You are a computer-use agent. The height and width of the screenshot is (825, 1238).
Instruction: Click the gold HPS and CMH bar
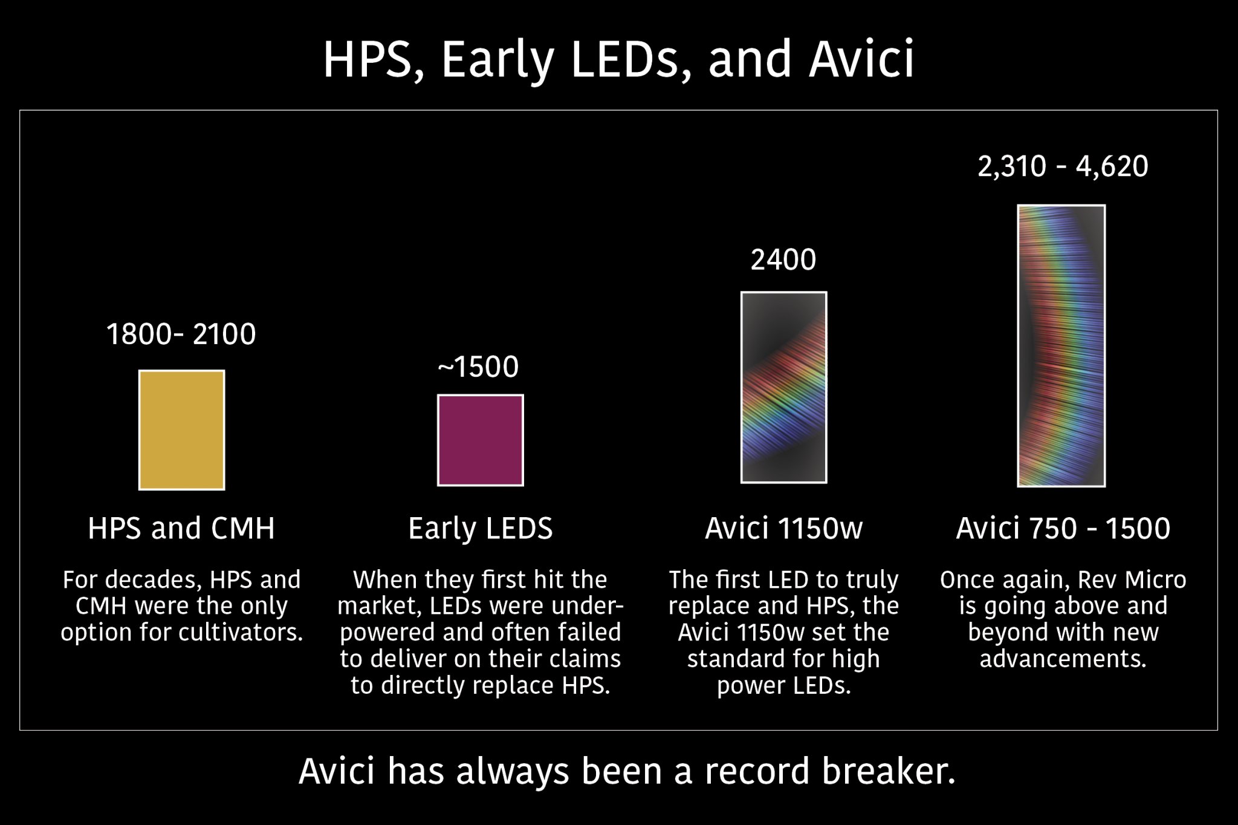[x=182, y=430]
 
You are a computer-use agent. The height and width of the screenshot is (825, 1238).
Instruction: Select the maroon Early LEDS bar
[x=481, y=440]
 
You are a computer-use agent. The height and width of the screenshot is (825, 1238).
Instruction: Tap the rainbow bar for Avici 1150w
[x=784, y=387]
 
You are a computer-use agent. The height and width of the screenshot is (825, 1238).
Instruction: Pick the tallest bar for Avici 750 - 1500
[x=1061, y=346]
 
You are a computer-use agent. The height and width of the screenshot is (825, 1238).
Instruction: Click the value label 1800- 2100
[x=181, y=334]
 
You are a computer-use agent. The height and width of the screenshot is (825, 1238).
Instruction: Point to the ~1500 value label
[x=478, y=367]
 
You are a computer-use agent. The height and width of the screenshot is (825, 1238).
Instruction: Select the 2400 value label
[x=783, y=260]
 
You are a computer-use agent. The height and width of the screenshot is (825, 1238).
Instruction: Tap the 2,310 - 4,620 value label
[x=1063, y=166]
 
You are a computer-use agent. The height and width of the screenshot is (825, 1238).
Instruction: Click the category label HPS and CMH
[x=181, y=528]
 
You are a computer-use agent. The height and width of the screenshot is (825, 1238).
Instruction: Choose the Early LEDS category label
[x=481, y=529]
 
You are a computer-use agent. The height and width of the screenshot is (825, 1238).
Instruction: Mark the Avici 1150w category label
[x=784, y=528]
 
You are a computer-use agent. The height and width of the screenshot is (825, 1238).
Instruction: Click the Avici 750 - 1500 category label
[x=1063, y=528]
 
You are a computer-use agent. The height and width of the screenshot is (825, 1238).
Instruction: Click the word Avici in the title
[x=862, y=59]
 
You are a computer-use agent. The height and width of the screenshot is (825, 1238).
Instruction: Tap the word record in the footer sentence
[x=757, y=771]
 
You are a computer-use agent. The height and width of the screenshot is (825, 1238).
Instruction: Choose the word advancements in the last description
[x=1063, y=659]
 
